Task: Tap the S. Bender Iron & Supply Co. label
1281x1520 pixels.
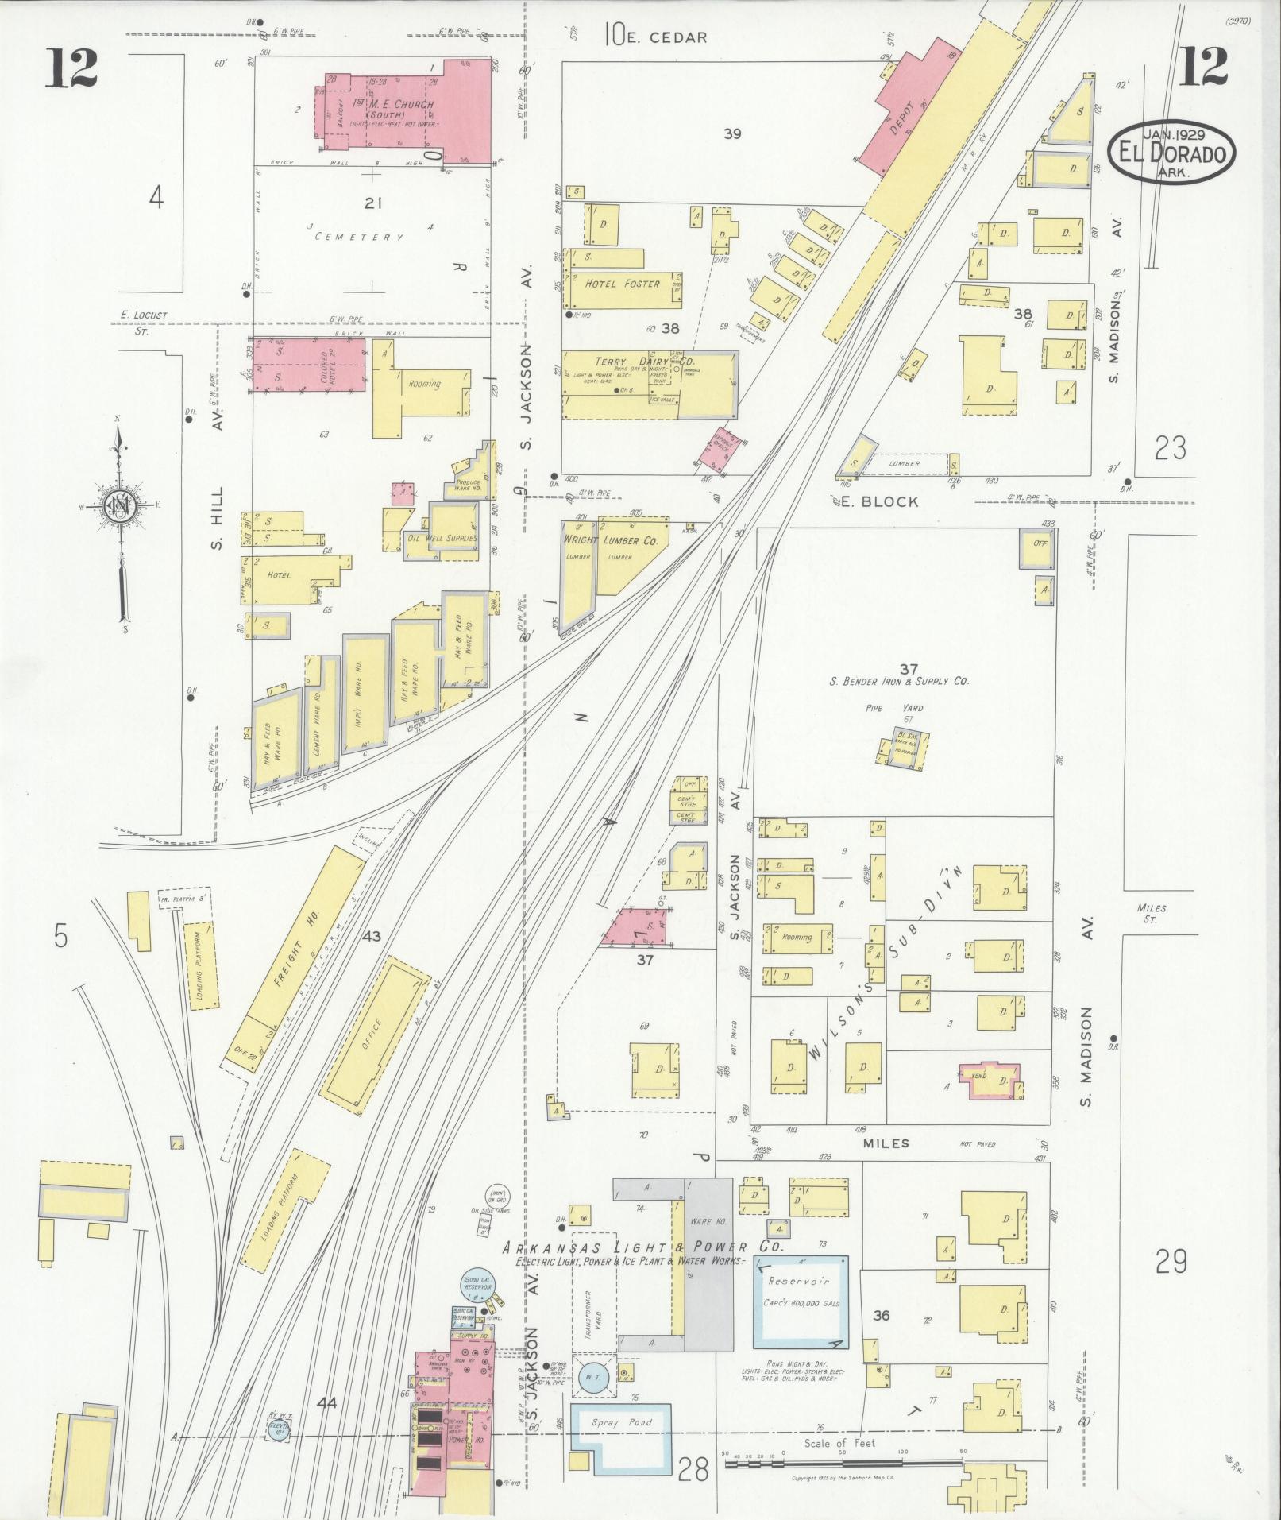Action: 899,681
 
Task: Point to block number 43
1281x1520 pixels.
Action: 371,936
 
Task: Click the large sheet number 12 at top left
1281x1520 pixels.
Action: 71,67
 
